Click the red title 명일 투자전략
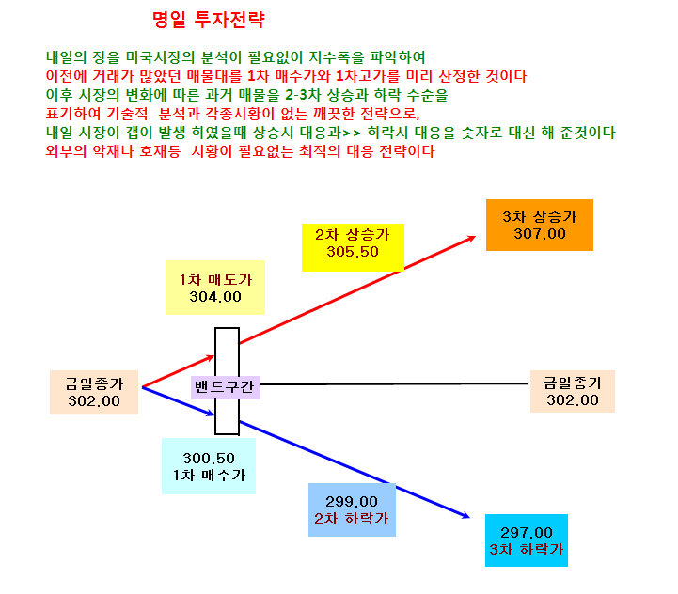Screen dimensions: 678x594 (209, 20)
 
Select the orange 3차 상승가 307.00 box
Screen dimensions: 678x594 (539, 225)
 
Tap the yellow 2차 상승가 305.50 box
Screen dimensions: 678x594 (353, 247)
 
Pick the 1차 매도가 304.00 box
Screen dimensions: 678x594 (215, 288)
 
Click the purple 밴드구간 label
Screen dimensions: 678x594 (226, 387)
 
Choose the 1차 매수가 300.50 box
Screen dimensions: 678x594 (209, 466)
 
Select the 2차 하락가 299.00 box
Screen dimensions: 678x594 (352, 509)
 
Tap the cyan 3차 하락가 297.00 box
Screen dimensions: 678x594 (527, 540)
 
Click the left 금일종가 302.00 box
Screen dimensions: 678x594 (94, 392)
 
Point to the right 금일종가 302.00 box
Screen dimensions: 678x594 (573, 391)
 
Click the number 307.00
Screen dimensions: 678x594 (540, 234)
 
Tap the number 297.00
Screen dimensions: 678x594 (527, 532)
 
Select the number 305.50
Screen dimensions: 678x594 (353, 252)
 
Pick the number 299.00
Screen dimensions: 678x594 (352, 502)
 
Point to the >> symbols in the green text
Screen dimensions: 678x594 (351, 133)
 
